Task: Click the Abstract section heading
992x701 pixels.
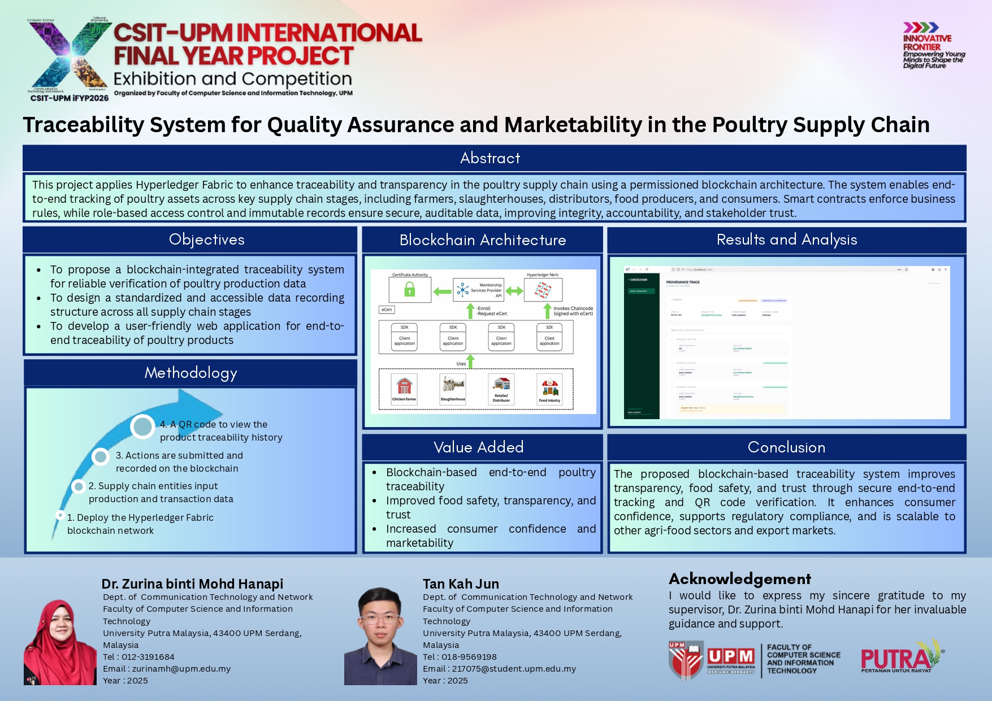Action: [x=489, y=158]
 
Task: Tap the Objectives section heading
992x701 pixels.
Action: [x=206, y=240]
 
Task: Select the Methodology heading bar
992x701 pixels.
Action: [x=190, y=373]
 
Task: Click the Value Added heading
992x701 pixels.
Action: [x=478, y=447]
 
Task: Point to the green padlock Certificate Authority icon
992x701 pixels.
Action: [x=410, y=290]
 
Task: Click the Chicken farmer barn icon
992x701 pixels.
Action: [x=404, y=387]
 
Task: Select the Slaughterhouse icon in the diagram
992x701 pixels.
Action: [x=453, y=387]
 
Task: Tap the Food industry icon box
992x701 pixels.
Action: [x=549, y=389]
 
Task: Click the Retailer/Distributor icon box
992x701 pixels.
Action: [x=501, y=389]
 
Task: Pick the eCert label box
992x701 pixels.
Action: [x=387, y=310]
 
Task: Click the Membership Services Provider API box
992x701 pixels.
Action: [x=478, y=290]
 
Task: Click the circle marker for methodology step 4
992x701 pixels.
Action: [x=142, y=426]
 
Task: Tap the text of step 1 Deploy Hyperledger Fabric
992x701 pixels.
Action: [x=140, y=524]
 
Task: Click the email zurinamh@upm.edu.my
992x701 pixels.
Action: [x=181, y=669]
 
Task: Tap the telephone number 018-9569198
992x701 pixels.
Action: [x=469, y=657]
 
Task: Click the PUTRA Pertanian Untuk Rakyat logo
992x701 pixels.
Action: [x=901, y=658]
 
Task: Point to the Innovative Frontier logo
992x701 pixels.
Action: [x=933, y=45]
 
